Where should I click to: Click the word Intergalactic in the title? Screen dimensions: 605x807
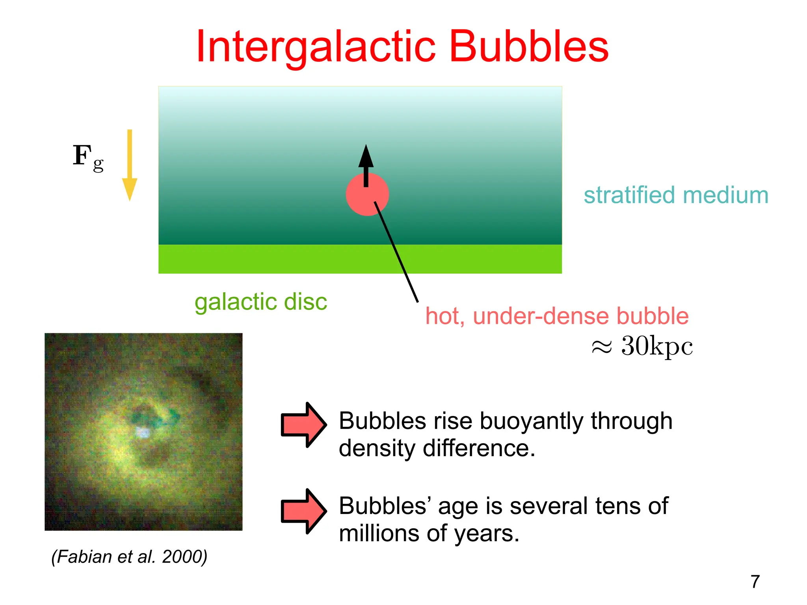pyautogui.click(x=315, y=47)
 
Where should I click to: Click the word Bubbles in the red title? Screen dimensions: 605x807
pyautogui.click(x=529, y=47)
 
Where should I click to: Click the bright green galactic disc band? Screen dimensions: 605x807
pyautogui.click(x=276, y=259)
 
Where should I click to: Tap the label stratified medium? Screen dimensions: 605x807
pyautogui.click(x=676, y=195)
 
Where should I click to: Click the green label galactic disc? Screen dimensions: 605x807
pyautogui.click(x=261, y=302)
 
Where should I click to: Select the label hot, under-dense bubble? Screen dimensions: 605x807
pyautogui.click(x=557, y=316)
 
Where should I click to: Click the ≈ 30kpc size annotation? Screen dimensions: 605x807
pyautogui.click(x=642, y=346)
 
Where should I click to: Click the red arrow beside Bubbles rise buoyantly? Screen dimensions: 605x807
pyautogui.click(x=303, y=425)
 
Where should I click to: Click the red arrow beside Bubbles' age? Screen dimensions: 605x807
pyautogui.click(x=303, y=511)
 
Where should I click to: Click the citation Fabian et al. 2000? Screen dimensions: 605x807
pyautogui.click(x=129, y=557)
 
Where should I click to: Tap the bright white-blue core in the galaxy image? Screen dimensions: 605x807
pyautogui.click(x=142, y=432)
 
